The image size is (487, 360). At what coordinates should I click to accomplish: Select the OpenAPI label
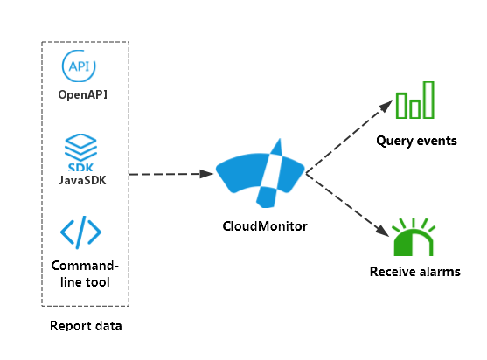(83, 94)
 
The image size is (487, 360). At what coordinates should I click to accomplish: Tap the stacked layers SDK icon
(80, 152)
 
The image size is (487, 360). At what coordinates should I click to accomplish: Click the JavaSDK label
(82, 180)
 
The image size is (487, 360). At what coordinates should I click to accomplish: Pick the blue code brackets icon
(80, 232)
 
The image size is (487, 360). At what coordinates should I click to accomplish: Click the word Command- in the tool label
(85, 266)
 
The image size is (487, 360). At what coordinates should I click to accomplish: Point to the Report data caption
(86, 326)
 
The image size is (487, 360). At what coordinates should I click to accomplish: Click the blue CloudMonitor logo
(261, 173)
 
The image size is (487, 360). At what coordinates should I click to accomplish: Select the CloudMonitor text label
(265, 226)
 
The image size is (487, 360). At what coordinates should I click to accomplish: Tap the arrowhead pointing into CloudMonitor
(206, 174)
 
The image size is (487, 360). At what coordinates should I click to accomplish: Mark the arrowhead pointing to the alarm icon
(383, 231)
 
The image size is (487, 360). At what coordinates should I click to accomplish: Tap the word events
(436, 141)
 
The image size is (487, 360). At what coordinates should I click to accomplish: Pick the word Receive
(392, 272)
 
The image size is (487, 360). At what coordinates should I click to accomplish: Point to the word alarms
(439, 272)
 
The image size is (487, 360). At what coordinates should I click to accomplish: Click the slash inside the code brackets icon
(80, 232)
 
